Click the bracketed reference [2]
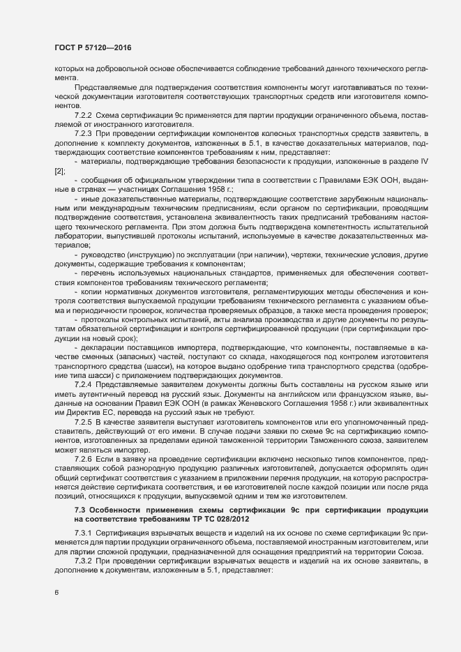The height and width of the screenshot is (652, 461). tap(60, 170)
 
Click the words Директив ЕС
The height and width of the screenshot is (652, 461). tap(84, 413)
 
